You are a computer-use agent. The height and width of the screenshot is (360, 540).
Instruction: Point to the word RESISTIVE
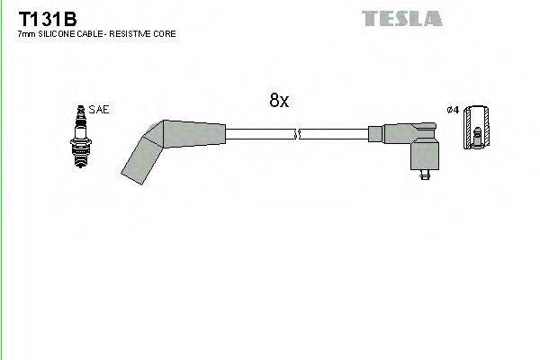[x=136, y=34]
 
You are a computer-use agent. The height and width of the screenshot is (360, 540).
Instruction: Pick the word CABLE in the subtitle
[x=94, y=34]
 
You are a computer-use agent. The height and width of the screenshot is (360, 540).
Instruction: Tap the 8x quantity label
[x=279, y=102]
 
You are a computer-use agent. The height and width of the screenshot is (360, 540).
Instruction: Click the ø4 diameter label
[x=453, y=110]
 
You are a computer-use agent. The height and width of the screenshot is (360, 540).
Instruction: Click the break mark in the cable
[x=297, y=135]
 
